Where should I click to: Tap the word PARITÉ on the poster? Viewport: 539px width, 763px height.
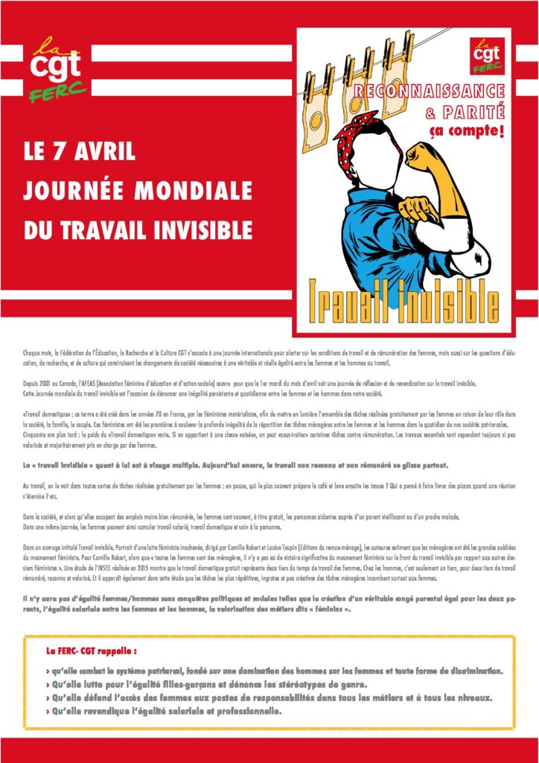point(476,113)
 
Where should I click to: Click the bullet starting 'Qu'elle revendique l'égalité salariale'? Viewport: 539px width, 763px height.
point(164,711)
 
